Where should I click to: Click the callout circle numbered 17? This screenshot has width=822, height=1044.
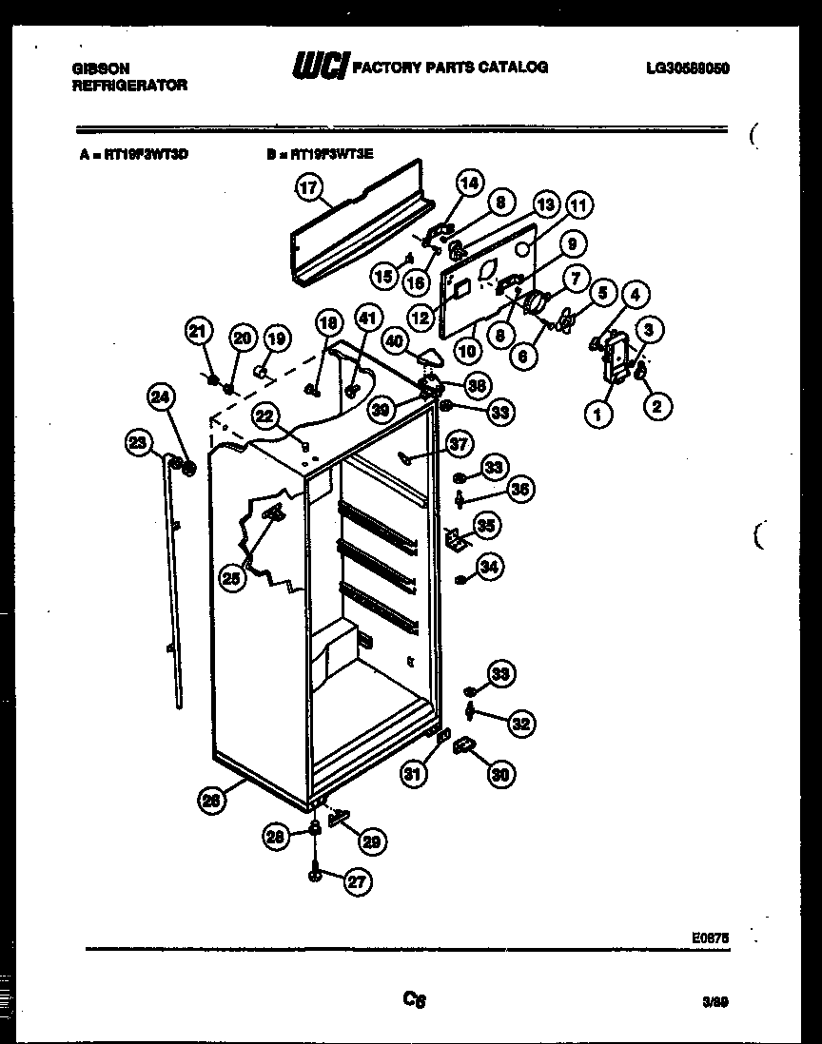pos(307,188)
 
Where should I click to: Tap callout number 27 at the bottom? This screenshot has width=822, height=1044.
pos(355,881)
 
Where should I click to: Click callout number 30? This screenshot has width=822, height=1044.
pos(500,775)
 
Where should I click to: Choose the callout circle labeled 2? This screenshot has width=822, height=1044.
pos(657,406)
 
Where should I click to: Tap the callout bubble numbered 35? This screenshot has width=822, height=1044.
pos(489,524)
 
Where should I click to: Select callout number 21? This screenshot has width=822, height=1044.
pos(197,331)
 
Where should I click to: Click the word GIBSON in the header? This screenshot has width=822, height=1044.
pos(102,68)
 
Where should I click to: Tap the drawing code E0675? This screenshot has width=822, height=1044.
pos(711,937)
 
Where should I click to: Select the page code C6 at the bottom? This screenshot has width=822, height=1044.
pos(414,999)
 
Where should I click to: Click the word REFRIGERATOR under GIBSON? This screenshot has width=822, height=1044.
pos(129,85)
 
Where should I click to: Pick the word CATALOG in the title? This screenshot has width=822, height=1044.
pos(514,68)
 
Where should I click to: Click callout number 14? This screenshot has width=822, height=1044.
pos(470,183)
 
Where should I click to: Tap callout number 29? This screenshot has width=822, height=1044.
pos(372,841)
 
